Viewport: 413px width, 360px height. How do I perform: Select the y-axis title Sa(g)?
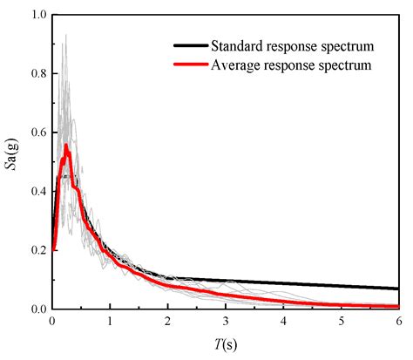pos(11,162)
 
